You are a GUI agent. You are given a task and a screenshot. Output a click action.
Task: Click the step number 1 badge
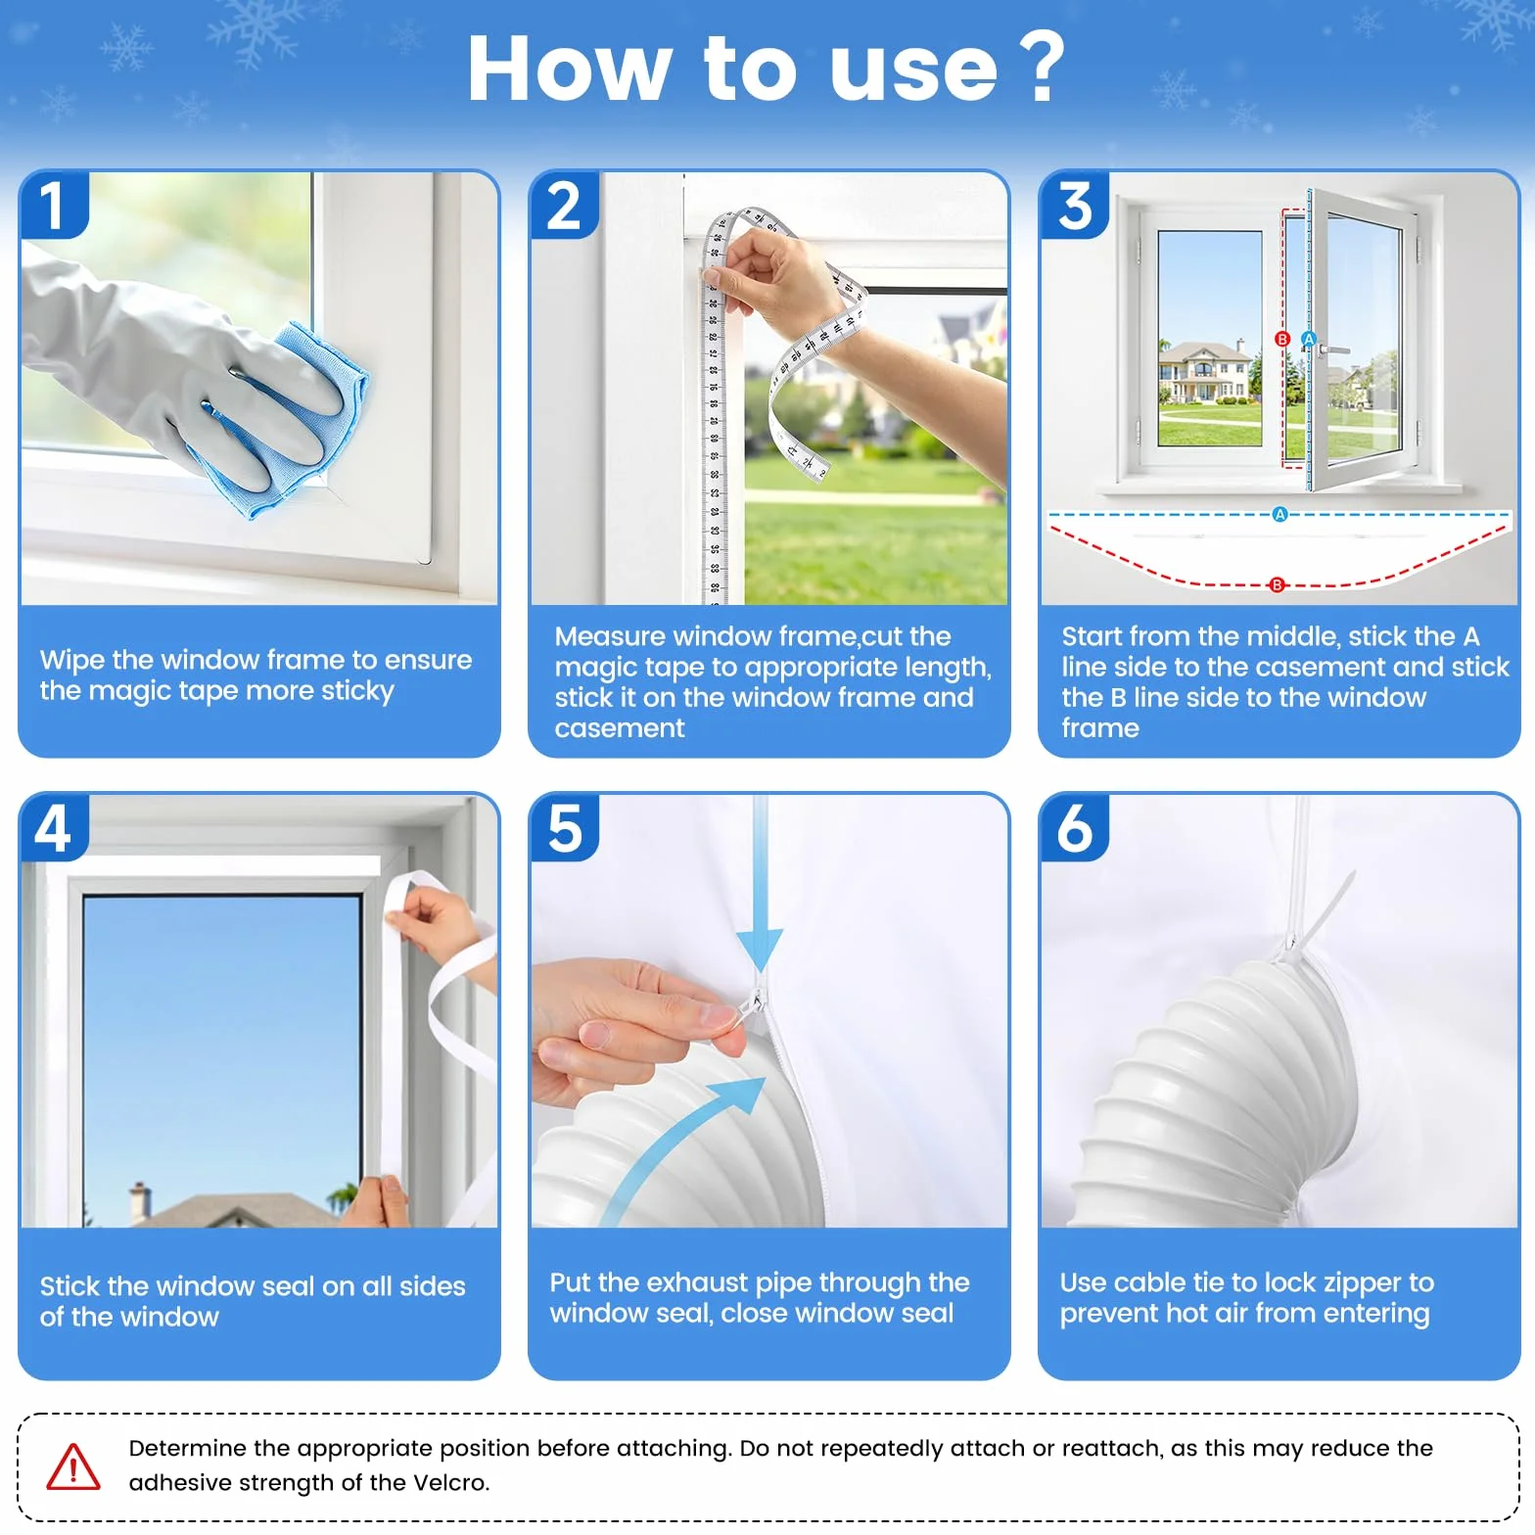pos(54,205)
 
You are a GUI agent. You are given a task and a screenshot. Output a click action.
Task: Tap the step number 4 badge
pos(54,827)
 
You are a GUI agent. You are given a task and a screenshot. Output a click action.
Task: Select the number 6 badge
pos(1075,827)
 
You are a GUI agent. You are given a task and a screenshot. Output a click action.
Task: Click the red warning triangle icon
pos(73,1466)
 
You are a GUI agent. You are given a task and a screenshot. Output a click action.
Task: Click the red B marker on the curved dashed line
pos(1277,585)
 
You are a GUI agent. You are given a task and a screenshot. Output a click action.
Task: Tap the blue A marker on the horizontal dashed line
pos(1279,515)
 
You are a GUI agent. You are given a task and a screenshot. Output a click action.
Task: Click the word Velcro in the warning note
pos(448,1482)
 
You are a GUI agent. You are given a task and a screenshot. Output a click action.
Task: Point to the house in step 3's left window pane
pos(1205,373)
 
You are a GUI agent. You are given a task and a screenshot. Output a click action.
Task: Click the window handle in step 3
pos(1331,349)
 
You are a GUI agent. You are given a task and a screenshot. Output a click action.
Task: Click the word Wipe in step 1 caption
pos(71,661)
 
